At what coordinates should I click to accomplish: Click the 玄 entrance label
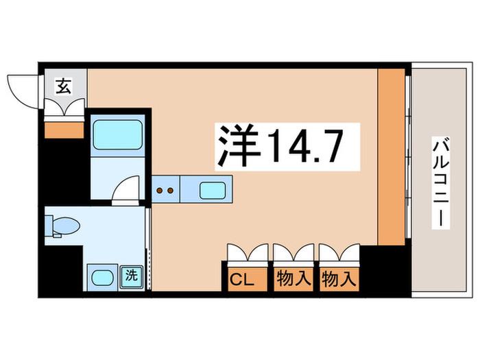coord(64,86)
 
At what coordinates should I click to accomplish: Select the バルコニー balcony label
coord(441,182)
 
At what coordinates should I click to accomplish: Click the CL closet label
coord(242,279)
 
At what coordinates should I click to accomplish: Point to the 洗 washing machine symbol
coord(132,276)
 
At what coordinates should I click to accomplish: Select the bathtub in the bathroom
coord(118,134)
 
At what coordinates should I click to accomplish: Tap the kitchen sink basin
coord(213,191)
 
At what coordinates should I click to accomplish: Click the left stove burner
coord(160,191)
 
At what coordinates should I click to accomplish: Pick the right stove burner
coord(171,191)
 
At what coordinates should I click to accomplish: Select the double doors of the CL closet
coord(248,252)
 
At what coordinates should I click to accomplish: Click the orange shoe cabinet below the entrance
coord(64,130)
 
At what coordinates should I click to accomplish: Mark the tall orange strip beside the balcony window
coord(392,157)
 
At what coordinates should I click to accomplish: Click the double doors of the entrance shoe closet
coord(64,106)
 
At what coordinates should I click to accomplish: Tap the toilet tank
coord(49,226)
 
